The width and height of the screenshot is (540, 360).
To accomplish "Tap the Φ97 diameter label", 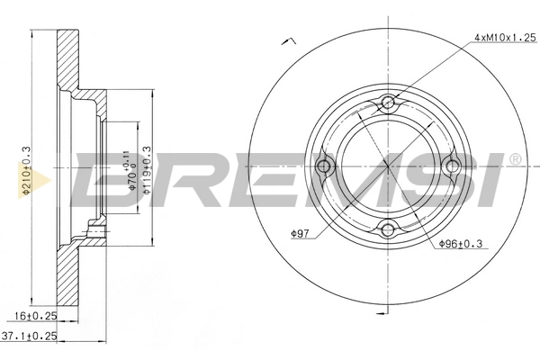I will point(301,237).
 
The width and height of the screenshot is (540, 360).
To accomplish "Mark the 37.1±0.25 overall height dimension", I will point(36,337).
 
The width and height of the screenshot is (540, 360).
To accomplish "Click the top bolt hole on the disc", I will point(389,102).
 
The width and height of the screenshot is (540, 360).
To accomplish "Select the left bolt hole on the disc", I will point(326,165).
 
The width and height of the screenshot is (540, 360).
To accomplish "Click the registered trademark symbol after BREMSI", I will point(515,159).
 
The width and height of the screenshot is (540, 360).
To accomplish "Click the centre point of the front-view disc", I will point(389,166).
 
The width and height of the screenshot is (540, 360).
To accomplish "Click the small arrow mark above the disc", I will point(289,40).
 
